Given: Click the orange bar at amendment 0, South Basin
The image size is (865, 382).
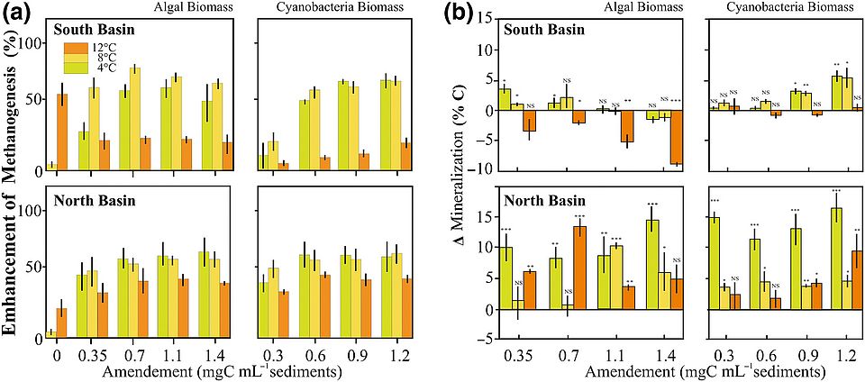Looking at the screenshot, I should (62, 132).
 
